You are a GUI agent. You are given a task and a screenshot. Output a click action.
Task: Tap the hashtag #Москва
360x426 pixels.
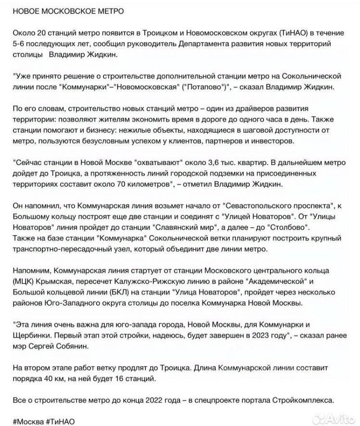(29, 421)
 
